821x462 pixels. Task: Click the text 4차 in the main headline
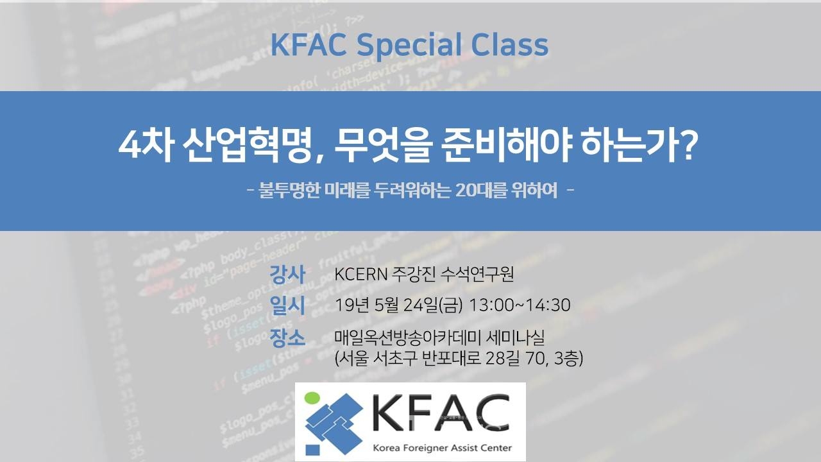point(140,148)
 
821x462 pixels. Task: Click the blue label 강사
point(288,275)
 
